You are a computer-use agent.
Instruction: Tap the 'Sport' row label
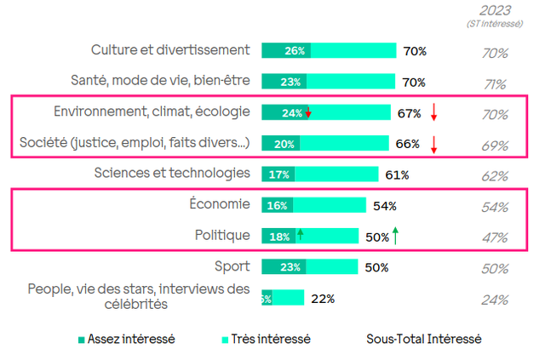point(232,266)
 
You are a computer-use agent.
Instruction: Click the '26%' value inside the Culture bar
point(295,51)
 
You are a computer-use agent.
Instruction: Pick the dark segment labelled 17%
point(278,174)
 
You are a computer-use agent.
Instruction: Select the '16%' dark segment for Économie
point(277,205)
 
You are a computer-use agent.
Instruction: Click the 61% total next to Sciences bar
point(398,174)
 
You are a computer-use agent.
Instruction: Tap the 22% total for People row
point(323,298)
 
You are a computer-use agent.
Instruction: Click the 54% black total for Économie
point(384,205)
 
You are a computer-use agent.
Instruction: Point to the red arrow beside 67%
point(433,112)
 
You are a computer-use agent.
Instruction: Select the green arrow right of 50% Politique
point(396,235)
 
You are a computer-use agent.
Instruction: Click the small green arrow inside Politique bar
point(300,235)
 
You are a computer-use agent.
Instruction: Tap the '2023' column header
point(495,10)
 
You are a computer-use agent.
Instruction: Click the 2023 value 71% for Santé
point(495,83)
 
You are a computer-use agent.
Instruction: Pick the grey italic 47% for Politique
point(495,237)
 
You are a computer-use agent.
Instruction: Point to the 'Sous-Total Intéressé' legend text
point(424,339)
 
